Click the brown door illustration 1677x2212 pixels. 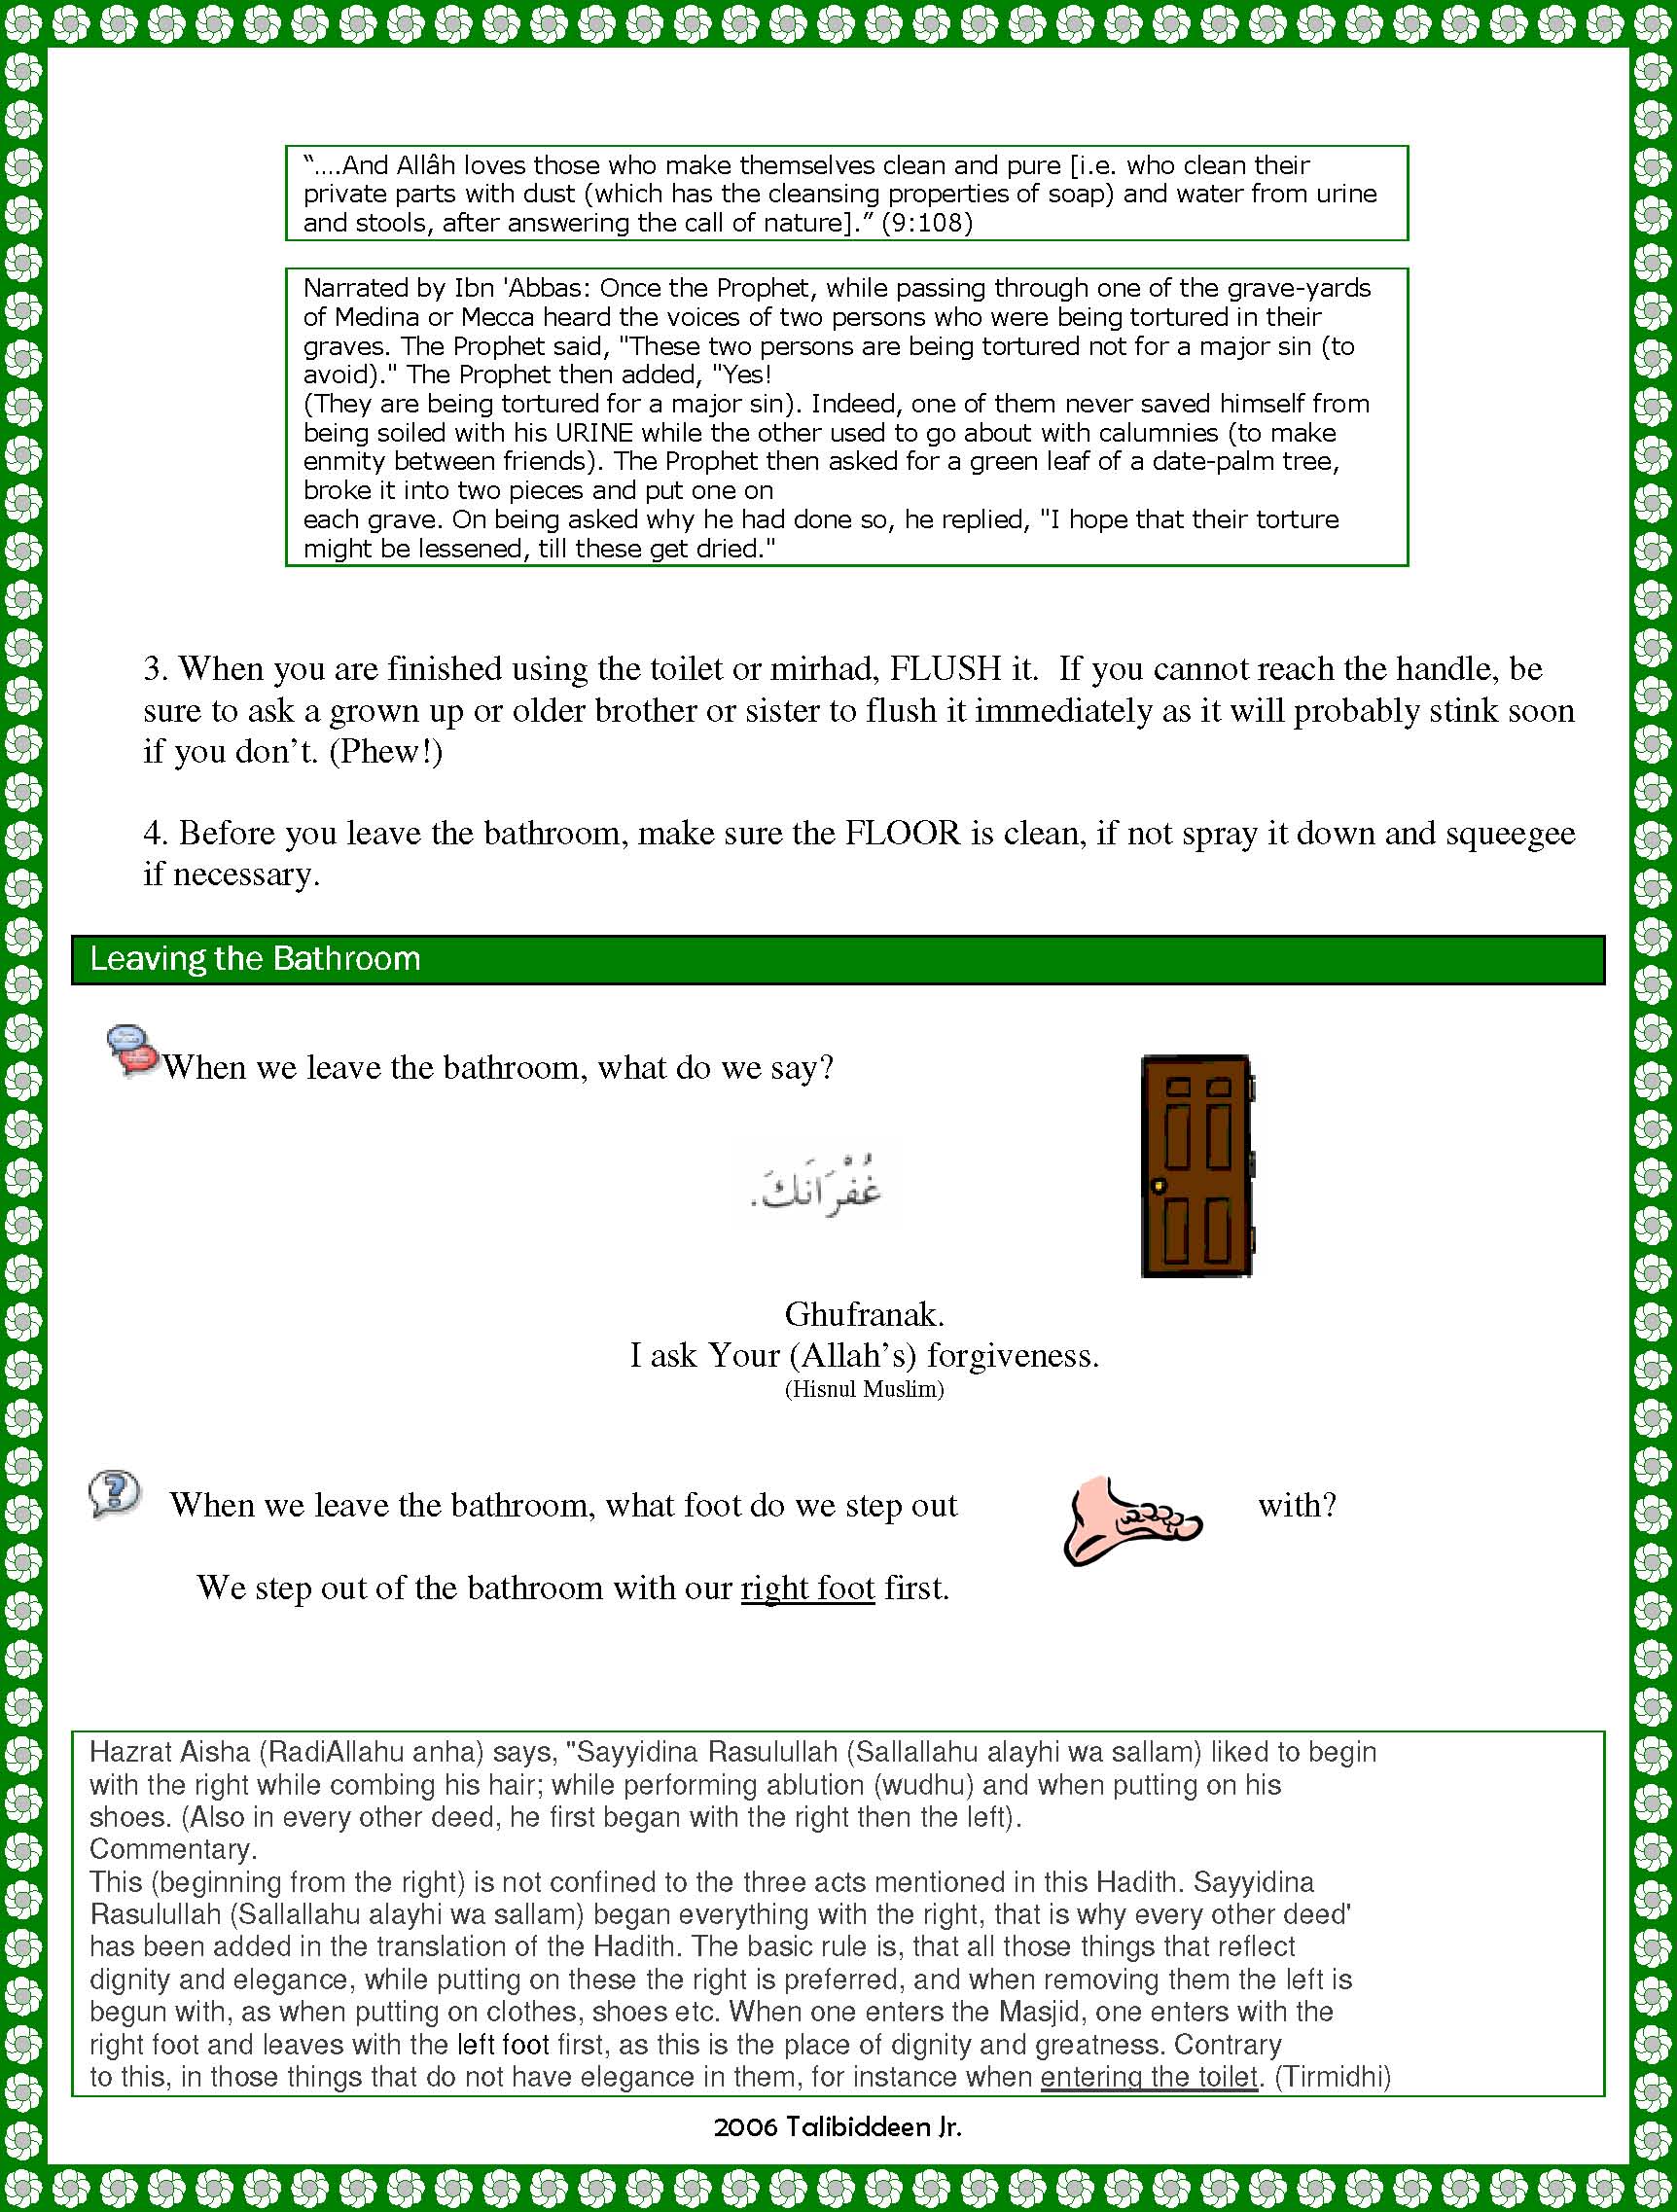pos(1196,1165)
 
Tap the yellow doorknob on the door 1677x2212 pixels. pos(1159,1186)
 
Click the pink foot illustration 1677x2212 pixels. pos(1131,1520)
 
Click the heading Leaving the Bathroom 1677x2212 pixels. pos(255,959)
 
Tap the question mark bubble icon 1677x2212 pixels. pos(114,1494)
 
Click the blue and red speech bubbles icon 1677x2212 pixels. pos(133,1050)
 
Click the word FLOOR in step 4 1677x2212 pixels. pos(902,833)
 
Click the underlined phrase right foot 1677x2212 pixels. pos(807,1588)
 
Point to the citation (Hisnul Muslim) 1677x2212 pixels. pos(864,1389)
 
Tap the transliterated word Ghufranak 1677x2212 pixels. pos(864,1313)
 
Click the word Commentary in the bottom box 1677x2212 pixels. pos(172,1849)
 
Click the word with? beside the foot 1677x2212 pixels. pos(1297,1505)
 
